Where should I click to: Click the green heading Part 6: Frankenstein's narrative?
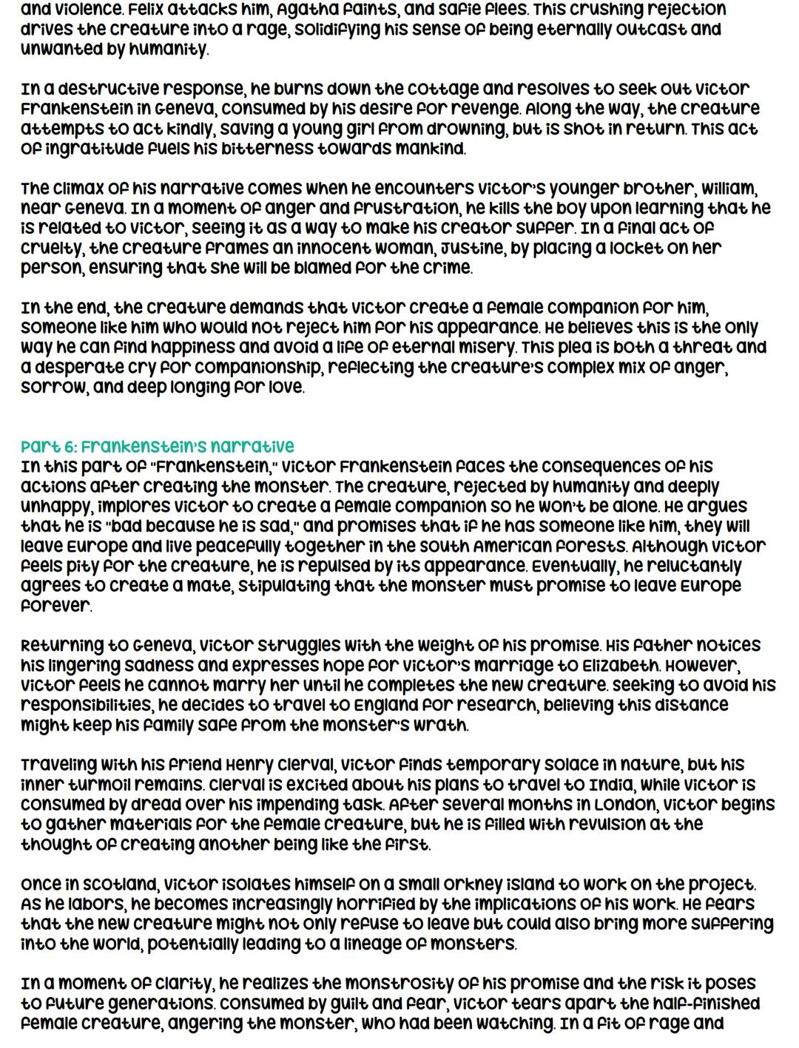(x=157, y=447)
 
